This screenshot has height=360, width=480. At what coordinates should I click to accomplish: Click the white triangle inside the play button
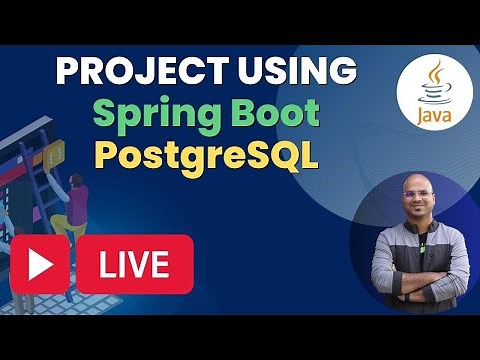coord(41,264)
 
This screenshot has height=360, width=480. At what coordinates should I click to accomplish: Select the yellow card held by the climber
coord(56,153)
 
